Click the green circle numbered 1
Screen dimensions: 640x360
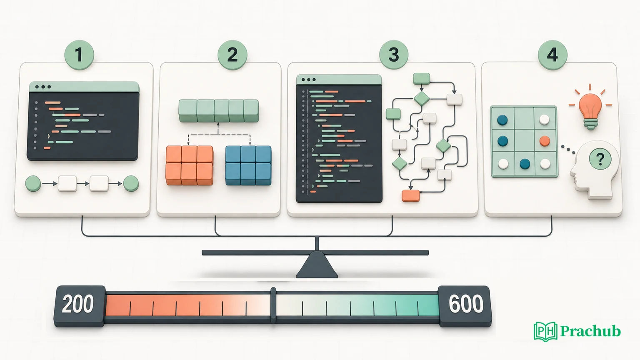point(79,55)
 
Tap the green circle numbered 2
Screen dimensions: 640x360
point(232,55)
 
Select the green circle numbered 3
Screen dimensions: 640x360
point(394,55)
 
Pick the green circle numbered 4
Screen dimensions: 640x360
point(552,55)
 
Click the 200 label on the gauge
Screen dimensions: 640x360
point(78,304)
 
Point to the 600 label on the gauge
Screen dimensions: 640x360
point(466,304)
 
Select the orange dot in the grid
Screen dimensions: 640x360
point(545,141)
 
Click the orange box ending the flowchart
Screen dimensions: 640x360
point(411,196)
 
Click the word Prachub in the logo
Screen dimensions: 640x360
point(590,331)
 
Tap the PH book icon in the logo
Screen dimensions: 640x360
point(545,331)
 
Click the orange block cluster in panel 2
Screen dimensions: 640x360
point(190,165)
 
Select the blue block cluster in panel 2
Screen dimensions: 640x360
point(248,165)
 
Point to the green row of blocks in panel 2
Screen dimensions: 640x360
point(219,111)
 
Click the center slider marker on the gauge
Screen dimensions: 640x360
point(273,305)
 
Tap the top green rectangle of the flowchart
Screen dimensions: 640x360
point(422,79)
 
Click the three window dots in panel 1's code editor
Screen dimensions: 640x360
point(43,87)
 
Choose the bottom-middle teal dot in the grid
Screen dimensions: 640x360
point(525,164)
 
